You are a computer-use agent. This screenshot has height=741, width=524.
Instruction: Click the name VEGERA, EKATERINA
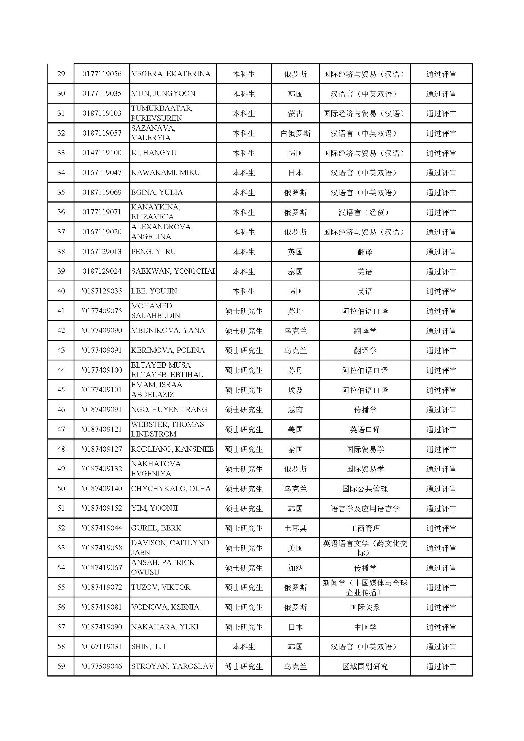coord(171,74)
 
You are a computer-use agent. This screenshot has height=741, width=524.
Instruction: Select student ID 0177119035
coord(102,94)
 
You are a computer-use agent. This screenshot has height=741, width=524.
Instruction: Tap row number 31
coord(61,113)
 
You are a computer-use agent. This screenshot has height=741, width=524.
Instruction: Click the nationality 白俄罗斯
coord(295,133)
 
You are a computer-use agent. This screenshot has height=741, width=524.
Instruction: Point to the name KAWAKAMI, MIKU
coord(165,173)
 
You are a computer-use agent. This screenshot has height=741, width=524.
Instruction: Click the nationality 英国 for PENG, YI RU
coord(295,252)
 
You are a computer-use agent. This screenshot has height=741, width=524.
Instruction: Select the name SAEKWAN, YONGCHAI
coord(173,271)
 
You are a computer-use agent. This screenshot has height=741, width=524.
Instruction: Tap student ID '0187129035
coord(102,291)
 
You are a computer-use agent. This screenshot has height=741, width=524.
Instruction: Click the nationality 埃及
coord(295,390)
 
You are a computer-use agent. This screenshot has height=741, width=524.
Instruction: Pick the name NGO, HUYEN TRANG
coord(169,409)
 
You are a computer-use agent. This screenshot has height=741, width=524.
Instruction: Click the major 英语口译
coord(365,430)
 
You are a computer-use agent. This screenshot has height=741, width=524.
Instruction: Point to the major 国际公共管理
coord(365,489)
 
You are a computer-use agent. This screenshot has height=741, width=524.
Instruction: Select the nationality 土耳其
coord(295,528)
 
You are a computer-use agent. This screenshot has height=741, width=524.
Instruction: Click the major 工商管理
coord(365,528)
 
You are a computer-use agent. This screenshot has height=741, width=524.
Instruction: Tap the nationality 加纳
coord(295,568)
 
